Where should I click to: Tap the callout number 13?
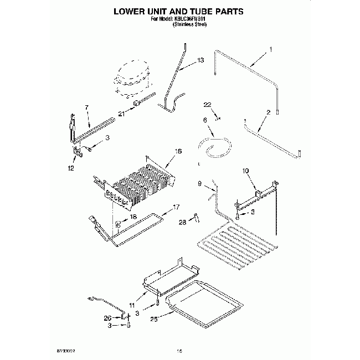tap(200, 60)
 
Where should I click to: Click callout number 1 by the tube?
tap(270, 50)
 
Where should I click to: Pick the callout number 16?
tap(178, 151)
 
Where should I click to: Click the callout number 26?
tap(107, 318)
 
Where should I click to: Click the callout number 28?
tap(181, 223)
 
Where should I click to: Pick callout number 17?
tap(177, 207)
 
